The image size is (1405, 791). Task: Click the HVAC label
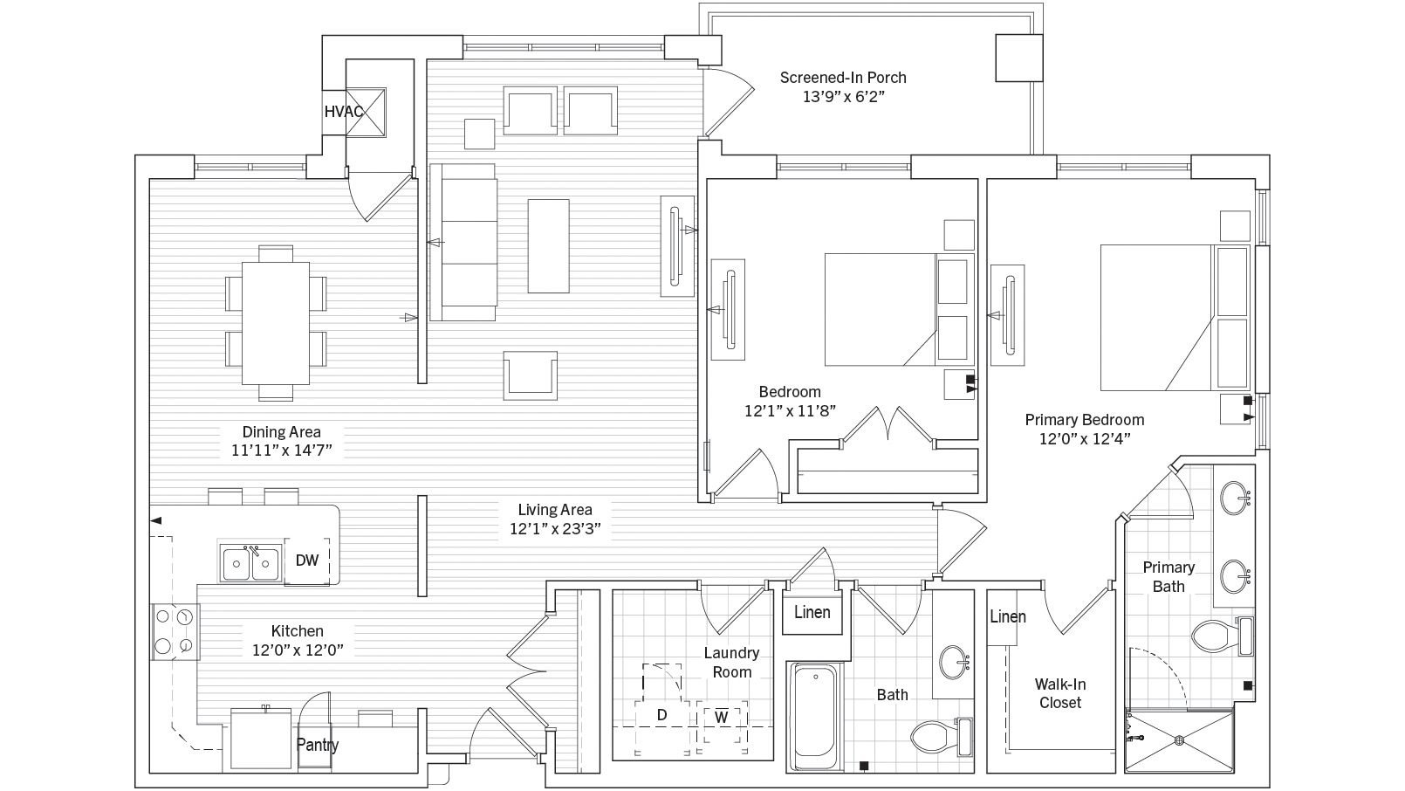click(x=343, y=112)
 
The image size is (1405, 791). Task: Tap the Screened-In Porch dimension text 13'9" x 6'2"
click(x=843, y=97)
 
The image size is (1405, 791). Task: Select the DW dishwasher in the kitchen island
click(x=307, y=561)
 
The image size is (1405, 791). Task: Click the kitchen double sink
click(x=250, y=564)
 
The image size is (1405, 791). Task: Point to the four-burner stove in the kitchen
click(x=173, y=631)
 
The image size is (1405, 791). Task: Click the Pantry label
click(x=317, y=745)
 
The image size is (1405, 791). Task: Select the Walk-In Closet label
click(x=1060, y=693)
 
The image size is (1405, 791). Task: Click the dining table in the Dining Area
click(x=276, y=323)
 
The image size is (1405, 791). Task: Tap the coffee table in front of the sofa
click(x=548, y=245)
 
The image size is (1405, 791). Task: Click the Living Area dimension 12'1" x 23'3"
click(x=555, y=528)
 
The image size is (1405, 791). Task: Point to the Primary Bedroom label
click(x=1084, y=420)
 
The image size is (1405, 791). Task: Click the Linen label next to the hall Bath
click(x=812, y=612)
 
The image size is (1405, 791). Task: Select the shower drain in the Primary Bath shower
click(x=1179, y=740)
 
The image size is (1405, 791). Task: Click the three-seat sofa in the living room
click(x=468, y=242)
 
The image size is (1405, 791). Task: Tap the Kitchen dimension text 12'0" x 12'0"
click(x=297, y=650)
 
